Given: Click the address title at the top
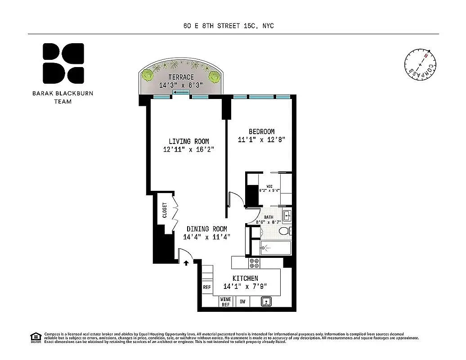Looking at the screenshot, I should coord(229,26).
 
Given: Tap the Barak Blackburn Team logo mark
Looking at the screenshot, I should coord(63,63).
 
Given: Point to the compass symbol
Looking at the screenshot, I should coord(420,64).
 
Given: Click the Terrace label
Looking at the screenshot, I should coord(181,77).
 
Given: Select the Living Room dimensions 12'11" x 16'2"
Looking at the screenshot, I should coord(188,149).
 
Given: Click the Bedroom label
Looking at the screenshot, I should coord(261,131).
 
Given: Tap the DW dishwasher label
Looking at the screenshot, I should coord(242,302).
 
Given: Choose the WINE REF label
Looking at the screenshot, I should coord(225,302).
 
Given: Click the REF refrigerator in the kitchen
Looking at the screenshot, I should coord(206,287).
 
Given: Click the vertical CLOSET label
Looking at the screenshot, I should coord(165,211).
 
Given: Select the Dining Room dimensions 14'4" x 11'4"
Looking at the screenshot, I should coord(206,237).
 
